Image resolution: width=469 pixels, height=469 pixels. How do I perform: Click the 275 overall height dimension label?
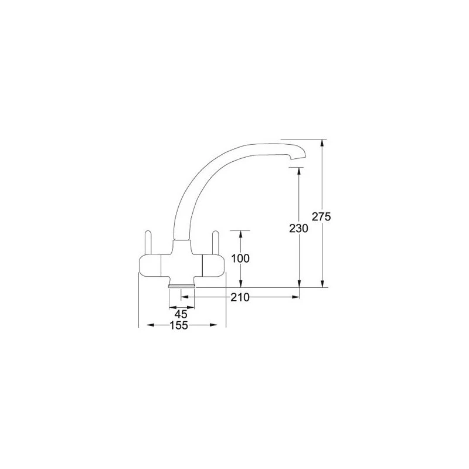(x=322, y=217)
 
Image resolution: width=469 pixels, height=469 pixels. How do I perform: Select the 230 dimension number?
(x=299, y=229)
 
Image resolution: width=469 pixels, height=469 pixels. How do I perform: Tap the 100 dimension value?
(x=240, y=259)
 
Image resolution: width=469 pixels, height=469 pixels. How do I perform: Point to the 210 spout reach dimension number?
(x=240, y=298)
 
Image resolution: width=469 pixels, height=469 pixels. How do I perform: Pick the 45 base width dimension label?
(x=181, y=314)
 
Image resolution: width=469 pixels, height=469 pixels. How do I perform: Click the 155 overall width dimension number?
(x=179, y=326)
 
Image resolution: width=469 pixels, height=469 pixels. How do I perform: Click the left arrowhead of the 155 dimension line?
(x=141, y=325)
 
